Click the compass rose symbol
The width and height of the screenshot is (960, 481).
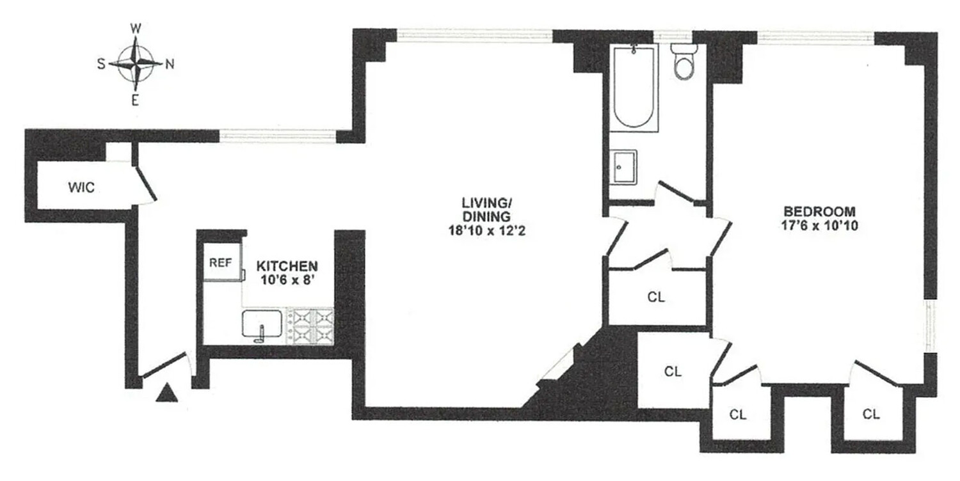coord(136,63)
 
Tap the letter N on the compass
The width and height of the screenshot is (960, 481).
coord(170,63)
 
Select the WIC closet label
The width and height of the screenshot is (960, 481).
coord(81,188)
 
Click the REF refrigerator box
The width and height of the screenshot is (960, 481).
coord(218,262)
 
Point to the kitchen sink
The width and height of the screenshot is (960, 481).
coord(262,324)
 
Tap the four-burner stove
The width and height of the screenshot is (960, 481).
coord(313,325)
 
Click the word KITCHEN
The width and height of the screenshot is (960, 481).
coord(287,265)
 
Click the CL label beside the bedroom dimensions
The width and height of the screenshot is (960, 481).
coord(656,297)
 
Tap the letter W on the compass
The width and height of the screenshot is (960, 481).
coord(136,28)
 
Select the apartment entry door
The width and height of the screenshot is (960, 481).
coord(165,368)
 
